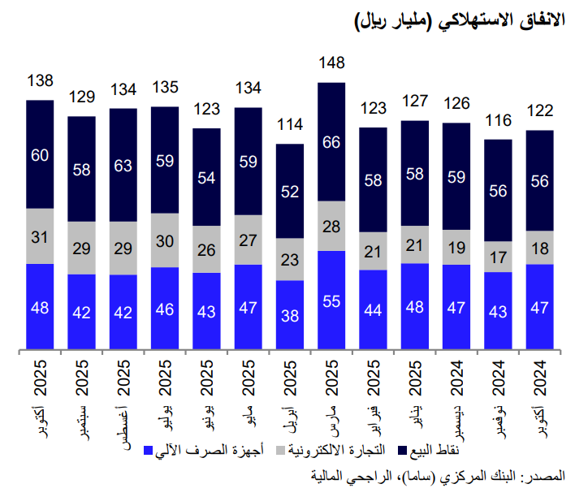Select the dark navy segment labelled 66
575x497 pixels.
332,142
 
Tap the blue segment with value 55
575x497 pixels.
332,300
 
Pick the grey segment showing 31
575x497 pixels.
40,236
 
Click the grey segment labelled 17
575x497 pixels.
499,257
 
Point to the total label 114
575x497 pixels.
290,125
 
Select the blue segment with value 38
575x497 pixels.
290,316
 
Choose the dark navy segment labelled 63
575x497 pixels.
123,165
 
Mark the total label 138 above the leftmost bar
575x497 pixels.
40,81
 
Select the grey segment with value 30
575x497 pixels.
165,240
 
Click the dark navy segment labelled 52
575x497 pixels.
290,192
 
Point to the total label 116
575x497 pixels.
499,120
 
